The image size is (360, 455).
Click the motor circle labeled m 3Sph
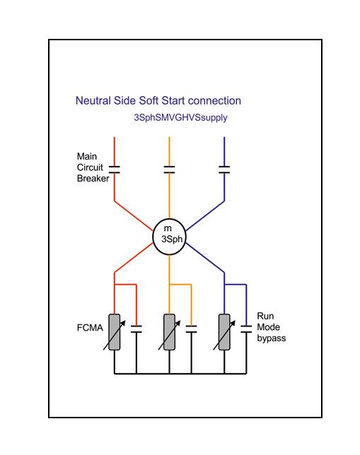coord(169,237)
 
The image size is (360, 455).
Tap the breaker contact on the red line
coord(114,170)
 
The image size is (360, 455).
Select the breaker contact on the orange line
coord(169,170)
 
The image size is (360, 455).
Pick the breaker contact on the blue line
coord(224,170)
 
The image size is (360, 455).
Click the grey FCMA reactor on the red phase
coord(114,332)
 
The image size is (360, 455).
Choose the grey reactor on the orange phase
coord(169,332)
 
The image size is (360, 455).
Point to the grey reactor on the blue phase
coord(224,332)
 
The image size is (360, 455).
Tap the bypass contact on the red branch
coord(137,329)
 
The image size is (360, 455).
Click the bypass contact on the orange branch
coord(191,329)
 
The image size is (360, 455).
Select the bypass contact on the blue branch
coord(246,329)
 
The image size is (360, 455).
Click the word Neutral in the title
coord(93,101)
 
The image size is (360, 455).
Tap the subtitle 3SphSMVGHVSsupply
coord(180,118)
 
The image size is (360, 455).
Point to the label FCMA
coord(90,328)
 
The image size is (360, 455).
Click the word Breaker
coord(93,178)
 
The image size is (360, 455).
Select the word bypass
coord(272,338)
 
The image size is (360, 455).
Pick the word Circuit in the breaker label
coord(90,167)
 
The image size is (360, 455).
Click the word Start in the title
coord(173,101)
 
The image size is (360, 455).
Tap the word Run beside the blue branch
coord(265,316)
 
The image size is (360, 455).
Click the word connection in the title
coord(214,101)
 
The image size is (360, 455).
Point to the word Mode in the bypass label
coord(269,327)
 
